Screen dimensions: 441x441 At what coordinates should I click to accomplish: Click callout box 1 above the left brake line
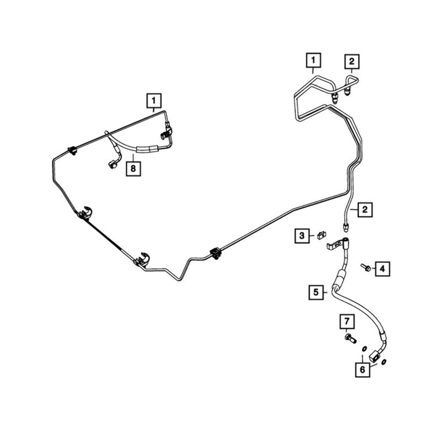(x=154, y=101)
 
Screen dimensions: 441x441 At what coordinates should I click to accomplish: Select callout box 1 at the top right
(x=313, y=59)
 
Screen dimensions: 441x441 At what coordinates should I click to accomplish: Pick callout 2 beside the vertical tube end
(x=365, y=209)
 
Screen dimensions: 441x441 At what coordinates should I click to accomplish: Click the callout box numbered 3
(x=302, y=236)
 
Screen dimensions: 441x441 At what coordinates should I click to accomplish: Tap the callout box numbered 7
(x=347, y=320)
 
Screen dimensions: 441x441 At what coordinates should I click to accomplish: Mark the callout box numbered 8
(x=133, y=168)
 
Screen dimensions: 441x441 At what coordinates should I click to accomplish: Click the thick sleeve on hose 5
(x=341, y=276)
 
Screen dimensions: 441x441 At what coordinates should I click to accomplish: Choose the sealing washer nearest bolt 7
(x=364, y=349)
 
